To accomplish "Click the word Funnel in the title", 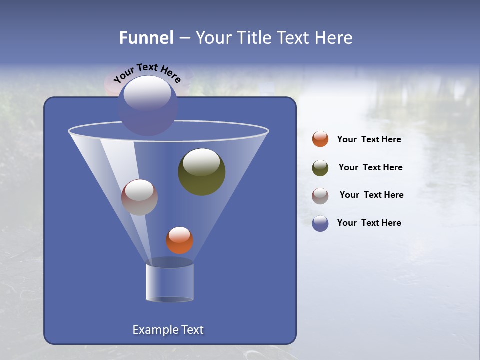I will [146, 38].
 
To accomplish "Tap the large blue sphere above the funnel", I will [147, 106].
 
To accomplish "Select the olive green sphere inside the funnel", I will [202, 172].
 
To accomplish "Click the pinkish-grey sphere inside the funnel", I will [139, 197].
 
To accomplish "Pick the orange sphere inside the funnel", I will [179, 240].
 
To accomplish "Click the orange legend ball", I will [320, 139].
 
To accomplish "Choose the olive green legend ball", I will [320, 168].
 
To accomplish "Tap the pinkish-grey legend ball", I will [320, 196].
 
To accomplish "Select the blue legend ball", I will [320, 223].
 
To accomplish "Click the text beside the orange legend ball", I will [369, 139].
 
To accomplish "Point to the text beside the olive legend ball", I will [370, 167].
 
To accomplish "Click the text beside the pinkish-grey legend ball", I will [371, 195].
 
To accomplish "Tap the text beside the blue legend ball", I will [369, 223].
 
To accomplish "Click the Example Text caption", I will [168, 330].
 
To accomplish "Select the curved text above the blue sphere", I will [147, 72].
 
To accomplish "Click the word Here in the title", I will [333, 38].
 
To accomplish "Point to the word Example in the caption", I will [153, 330].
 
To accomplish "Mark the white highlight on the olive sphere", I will [201, 161].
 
